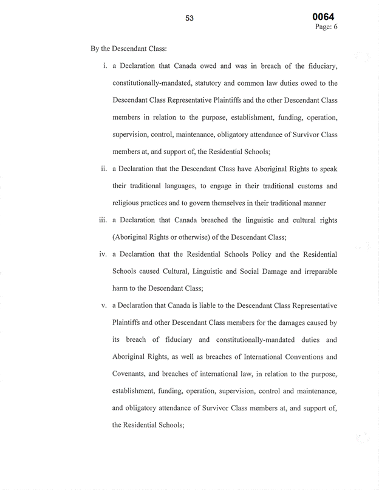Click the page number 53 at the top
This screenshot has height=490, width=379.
pyautogui.click(x=189, y=18)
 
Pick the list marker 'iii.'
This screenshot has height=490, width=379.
pyautogui.click(x=103, y=220)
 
